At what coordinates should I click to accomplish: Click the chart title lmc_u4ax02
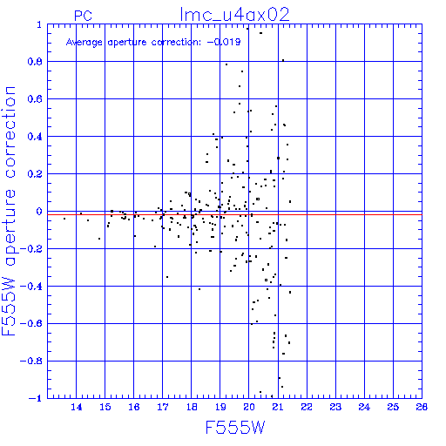(x=234, y=15)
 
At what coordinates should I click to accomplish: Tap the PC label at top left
(x=83, y=16)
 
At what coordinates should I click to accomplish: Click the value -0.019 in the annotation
(x=224, y=42)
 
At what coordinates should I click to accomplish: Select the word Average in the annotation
(x=84, y=43)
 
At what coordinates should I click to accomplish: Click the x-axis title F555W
(x=235, y=428)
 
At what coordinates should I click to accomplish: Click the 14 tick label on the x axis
(x=77, y=407)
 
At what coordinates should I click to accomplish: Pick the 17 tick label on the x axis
(x=163, y=407)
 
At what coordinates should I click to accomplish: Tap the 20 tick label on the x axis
(x=249, y=407)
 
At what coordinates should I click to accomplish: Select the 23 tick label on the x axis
(x=335, y=407)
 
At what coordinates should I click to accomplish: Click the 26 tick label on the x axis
(x=422, y=407)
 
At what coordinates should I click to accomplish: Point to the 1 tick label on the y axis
(x=39, y=24)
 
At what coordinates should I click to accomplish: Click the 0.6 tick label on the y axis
(x=35, y=99)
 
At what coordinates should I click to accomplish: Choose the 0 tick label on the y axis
(x=39, y=212)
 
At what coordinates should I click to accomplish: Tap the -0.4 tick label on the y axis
(x=31, y=287)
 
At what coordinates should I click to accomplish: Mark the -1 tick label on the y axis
(x=36, y=398)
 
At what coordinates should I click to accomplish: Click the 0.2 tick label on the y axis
(x=35, y=174)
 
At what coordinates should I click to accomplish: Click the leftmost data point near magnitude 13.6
(x=64, y=219)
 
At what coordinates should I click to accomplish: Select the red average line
(x=234, y=214)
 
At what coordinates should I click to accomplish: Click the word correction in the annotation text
(x=176, y=43)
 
